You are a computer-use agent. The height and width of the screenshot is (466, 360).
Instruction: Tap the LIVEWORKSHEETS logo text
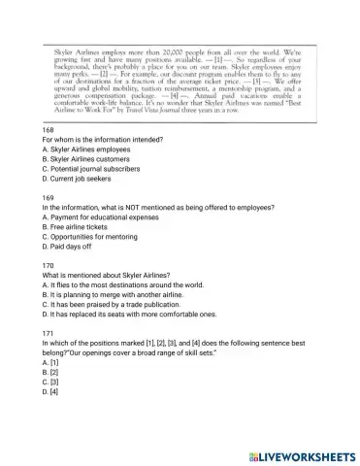tap(295, 454)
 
